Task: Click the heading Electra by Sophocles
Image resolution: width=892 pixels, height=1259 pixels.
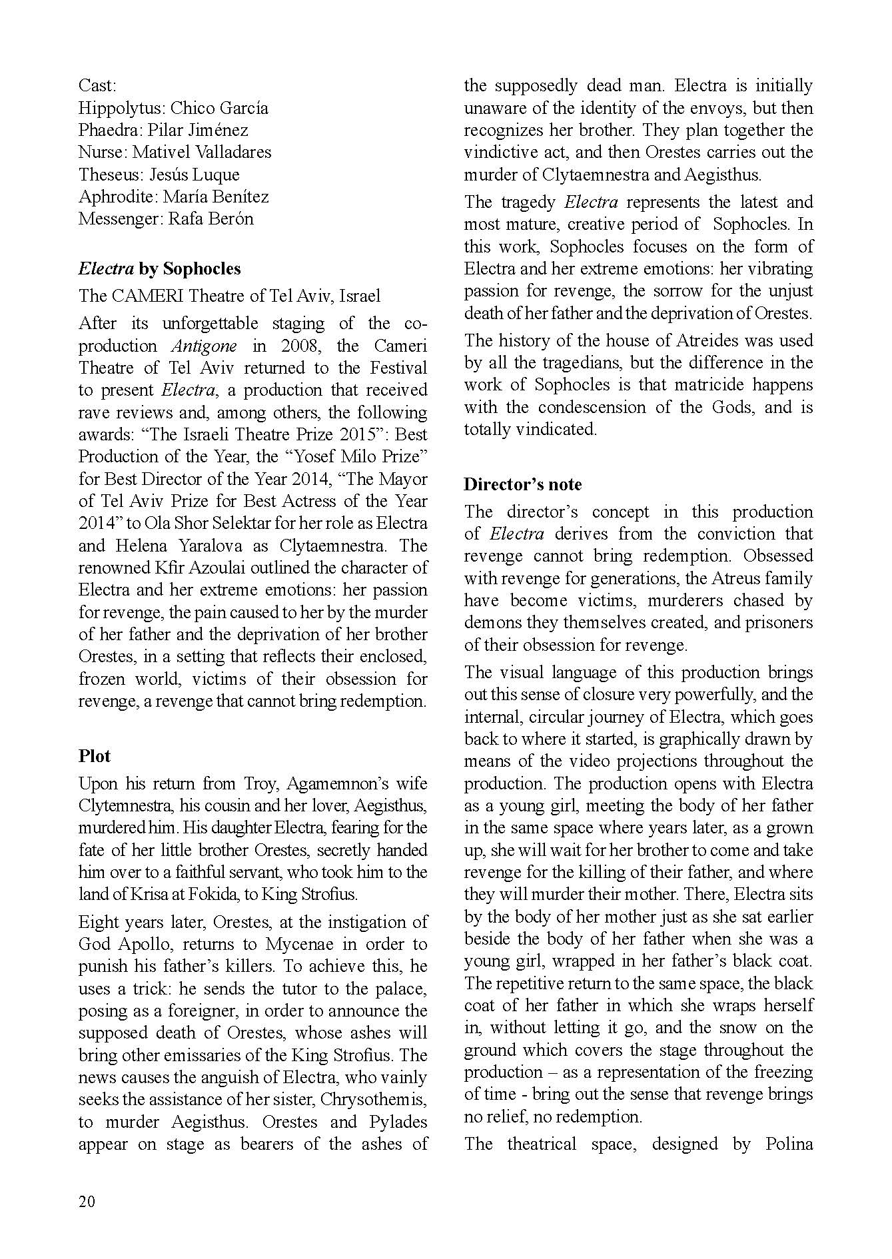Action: click(159, 268)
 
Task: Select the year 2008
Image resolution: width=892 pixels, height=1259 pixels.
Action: click(302, 346)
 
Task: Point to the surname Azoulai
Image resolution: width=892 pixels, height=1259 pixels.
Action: click(211, 568)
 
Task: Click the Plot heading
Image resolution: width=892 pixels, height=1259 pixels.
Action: click(95, 756)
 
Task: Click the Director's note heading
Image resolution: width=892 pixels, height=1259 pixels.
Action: click(522, 484)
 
